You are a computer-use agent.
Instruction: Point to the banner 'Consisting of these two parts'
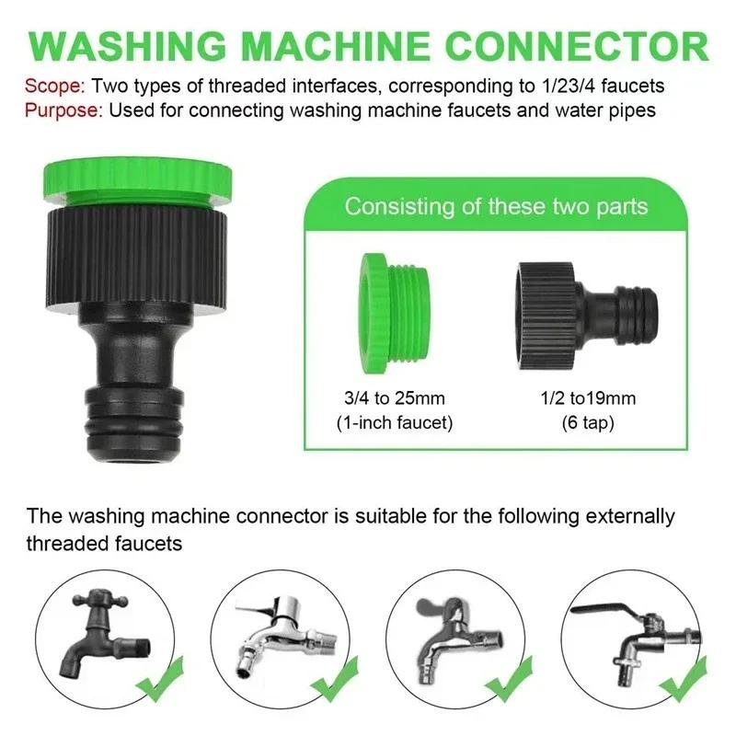point(496,205)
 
